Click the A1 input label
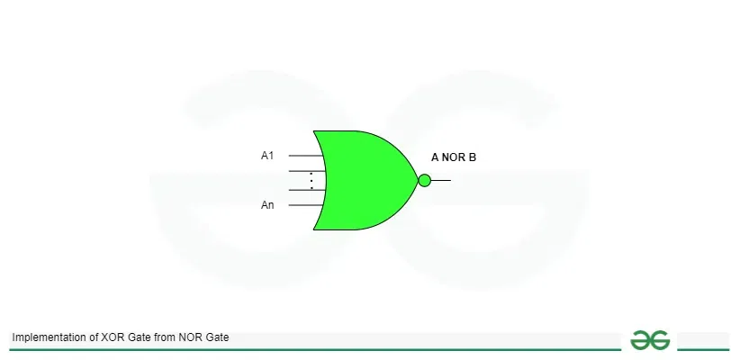[267, 156]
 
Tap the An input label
[267, 205]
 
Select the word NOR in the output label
[454, 157]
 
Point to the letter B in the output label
[473, 157]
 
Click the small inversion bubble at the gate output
[424, 181]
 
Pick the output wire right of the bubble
[440, 181]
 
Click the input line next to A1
[306, 156]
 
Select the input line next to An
[306, 205]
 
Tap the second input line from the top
[307, 171]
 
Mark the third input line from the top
[307, 190]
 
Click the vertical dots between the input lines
[311, 181]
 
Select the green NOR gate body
[364, 181]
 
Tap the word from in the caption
[164, 337]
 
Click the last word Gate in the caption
[217, 337]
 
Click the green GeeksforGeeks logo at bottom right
[650, 340]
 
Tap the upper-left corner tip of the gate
[313, 131]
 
